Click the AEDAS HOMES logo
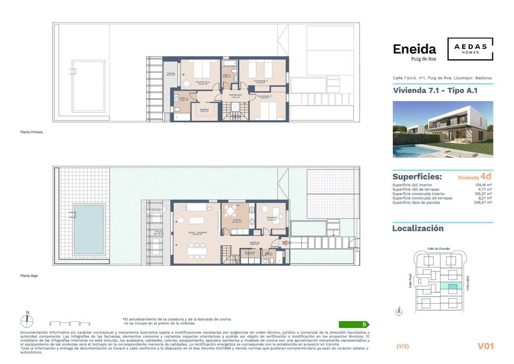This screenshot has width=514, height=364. pos(470,49)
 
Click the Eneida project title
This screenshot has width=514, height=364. pos(414,49)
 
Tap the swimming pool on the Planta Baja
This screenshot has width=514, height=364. pos(89,229)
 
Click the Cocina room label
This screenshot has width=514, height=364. pos(237,221)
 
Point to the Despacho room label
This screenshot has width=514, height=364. pos(272,218)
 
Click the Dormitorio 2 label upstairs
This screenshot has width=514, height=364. pos(261,81)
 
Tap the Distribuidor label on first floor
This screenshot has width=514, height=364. pos(235,96)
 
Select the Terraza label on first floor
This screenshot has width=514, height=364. pos(171,74)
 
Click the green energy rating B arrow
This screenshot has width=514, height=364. pos(354,324)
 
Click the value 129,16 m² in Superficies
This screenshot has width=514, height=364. pos(483,185)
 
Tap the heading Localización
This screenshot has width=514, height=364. pos(418,228)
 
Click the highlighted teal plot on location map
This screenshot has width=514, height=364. pos(452,287)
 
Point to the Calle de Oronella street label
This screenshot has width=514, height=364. pos(438,249)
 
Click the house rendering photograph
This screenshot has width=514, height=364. pos(443,129)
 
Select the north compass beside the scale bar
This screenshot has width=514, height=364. pos(27,320)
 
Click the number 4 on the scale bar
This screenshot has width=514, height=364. pos(89,324)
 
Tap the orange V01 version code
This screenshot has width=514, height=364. pos(485,346)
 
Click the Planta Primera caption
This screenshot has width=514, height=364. pos(31,132)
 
